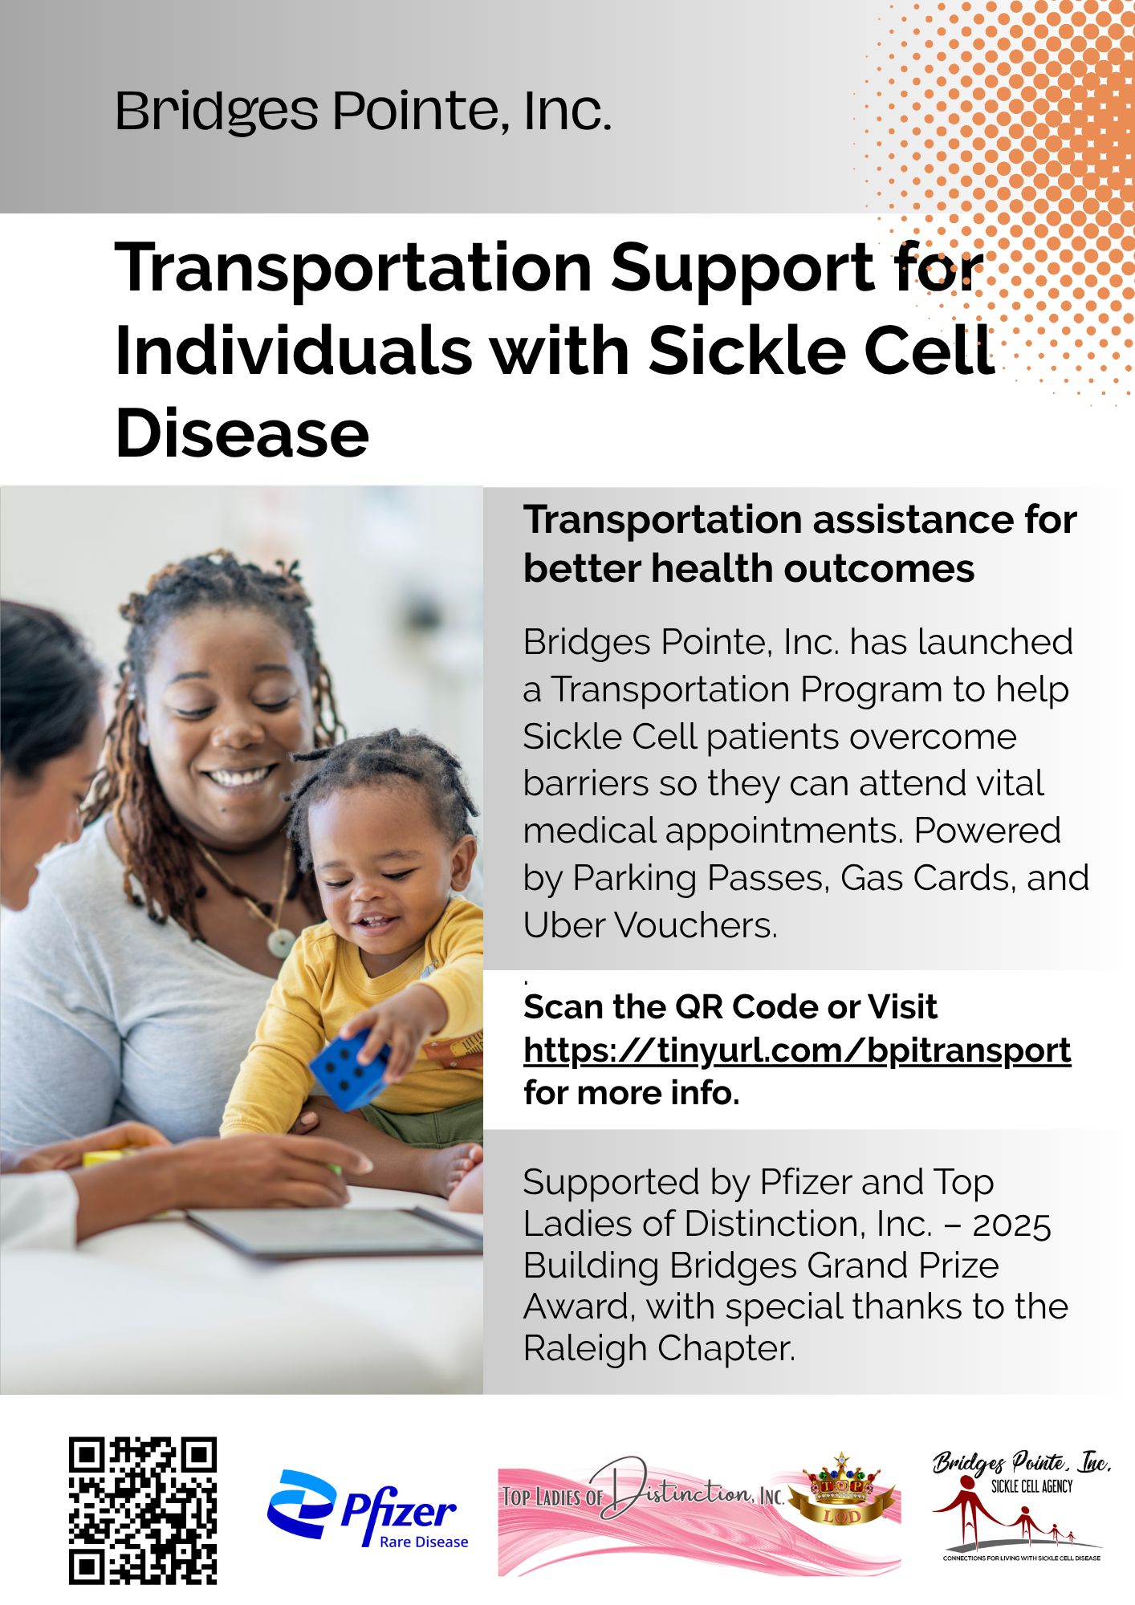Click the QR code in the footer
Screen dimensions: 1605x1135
tap(143, 1510)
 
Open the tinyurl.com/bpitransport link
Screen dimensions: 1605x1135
tap(797, 1050)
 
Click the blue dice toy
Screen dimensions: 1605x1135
tap(349, 1069)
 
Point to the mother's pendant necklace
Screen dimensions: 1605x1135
tap(282, 942)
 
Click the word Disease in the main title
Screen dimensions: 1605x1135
tap(242, 433)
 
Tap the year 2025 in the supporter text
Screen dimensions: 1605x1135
tap(1011, 1225)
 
